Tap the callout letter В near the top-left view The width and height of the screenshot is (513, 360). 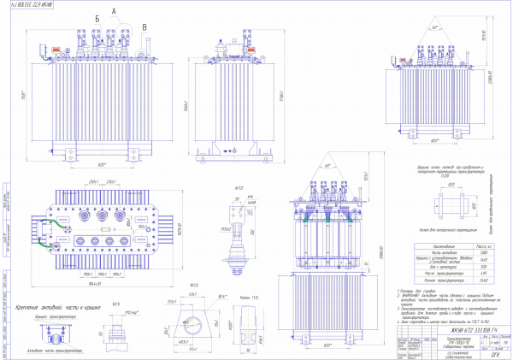tap(144, 27)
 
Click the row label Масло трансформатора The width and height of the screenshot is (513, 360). tap(398, 273)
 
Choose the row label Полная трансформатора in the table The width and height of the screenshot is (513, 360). tap(398, 280)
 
